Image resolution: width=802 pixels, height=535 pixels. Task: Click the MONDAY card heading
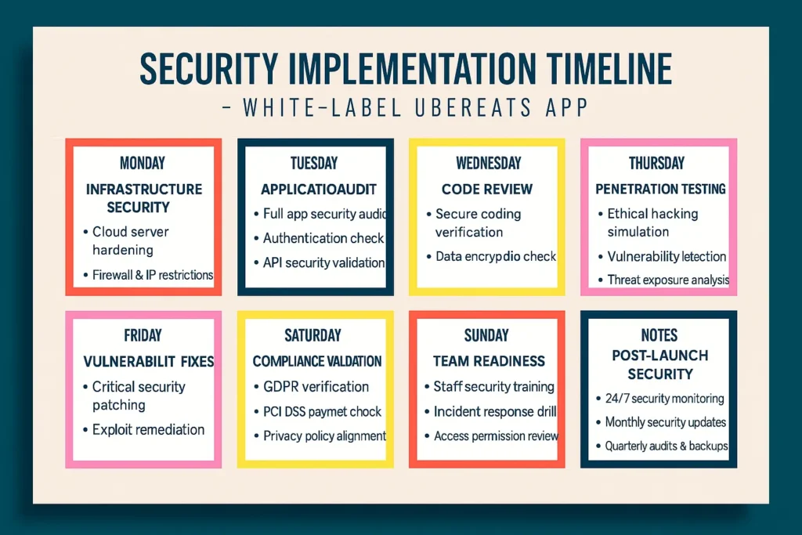pyautogui.click(x=143, y=163)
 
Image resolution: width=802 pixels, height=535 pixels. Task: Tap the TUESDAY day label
pyautogui.click(x=314, y=163)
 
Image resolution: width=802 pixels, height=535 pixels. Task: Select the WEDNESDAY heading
pyautogui.click(x=486, y=163)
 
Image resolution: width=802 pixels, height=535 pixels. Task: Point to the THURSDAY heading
pyautogui.click(x=656, y=163)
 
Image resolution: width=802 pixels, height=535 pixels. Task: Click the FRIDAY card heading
pyautogui.click(x=143, y=335)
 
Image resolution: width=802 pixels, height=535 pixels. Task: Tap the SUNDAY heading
pyautogui.click(x=486, y=335)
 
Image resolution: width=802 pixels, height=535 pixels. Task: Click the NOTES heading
pyautogui.click(x=659, y=335)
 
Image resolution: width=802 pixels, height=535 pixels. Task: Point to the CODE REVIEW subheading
pyautogui.click(x=486, y=189)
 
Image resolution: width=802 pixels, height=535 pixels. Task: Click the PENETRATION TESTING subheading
pyautogui.click(x=660, y=189)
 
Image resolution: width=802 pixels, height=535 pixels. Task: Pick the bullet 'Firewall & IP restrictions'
pyautogui.click(x=152, y=275)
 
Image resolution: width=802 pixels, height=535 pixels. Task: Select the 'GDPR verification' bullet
pyautogui.click(x=316, y=386)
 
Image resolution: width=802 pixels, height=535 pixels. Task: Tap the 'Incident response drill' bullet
pyautogui.click(x=494, y=411)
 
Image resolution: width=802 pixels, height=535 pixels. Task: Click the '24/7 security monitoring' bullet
pyautogui.click(x=665, y=399)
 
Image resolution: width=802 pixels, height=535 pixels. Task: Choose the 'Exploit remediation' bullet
pyautogui.click(x=148, y=429)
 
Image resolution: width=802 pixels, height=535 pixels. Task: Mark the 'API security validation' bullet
pyautogui.click(x=323, y=262)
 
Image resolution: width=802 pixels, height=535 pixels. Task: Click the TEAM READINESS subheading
pyautogui.click(x=489, y=361)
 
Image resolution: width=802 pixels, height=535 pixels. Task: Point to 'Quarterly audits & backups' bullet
pyautogui.click(x=667, y=446)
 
